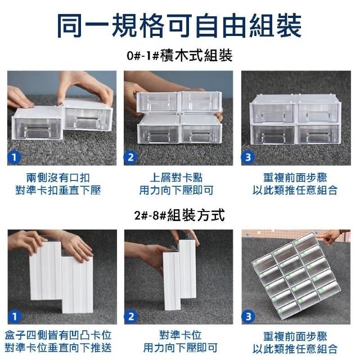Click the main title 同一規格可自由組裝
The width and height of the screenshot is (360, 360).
179,26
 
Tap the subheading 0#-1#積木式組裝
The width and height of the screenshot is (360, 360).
179,56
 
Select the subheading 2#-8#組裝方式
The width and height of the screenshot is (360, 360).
179,215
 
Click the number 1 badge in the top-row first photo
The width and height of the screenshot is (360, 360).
14,157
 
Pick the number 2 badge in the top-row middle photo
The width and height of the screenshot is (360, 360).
130,157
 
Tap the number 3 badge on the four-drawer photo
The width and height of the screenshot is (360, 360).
247,157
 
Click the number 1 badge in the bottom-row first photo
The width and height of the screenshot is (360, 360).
15,316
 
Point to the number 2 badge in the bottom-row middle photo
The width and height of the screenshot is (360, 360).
131,316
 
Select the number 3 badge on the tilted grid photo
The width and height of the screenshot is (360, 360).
248,316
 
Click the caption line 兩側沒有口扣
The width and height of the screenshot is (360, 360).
58,178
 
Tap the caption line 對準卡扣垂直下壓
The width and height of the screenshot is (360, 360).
58,190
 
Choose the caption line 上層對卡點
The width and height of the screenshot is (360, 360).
176,178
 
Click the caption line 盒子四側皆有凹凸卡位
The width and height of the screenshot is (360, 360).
58,335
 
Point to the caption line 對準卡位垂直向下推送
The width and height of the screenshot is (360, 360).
58,348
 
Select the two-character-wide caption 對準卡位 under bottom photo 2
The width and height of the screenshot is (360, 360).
181,335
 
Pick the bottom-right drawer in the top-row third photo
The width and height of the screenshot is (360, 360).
319,134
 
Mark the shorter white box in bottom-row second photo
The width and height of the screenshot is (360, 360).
172,280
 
